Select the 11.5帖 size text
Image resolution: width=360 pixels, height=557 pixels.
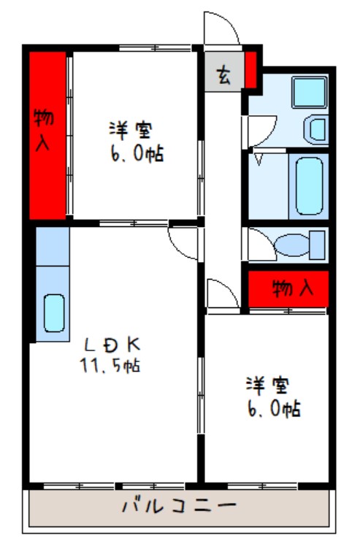point(110,364)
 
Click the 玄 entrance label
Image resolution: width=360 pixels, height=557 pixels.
point(223,74)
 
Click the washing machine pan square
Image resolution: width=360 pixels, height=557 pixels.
point(310,91)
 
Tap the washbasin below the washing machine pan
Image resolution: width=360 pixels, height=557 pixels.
point(317,131)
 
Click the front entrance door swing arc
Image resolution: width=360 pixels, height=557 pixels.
point(221,29)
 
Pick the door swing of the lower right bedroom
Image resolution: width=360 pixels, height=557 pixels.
point(221,291)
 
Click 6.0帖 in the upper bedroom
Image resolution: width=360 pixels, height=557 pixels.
point(134,153)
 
